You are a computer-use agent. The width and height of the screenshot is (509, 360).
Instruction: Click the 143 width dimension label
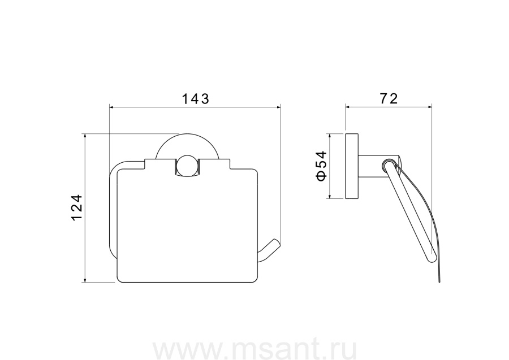tap(195, 98)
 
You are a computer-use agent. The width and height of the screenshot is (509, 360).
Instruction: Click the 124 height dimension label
tap(77, 207)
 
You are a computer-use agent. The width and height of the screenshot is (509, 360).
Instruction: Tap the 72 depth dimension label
tap(389, 98)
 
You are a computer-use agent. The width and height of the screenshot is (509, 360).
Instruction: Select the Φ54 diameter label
tap(321, 166)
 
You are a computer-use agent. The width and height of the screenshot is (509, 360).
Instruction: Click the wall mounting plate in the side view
tap(352, 166)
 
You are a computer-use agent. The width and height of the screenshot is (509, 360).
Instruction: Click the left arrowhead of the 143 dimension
tap(111, 106)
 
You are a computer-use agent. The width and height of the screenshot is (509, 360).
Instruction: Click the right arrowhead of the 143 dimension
tap(278, 106)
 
